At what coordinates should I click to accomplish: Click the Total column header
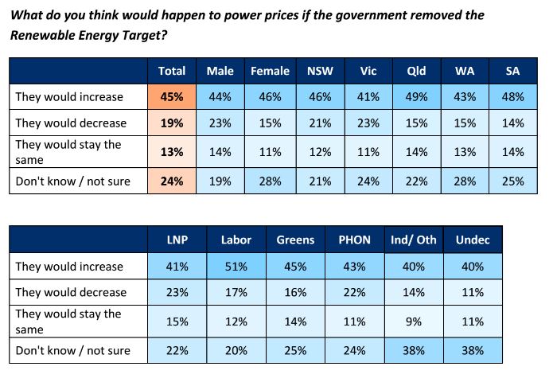tap(172, 71)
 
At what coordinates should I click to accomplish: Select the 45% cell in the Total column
tap(172, 97)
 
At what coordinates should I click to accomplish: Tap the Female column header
tap(270, 71)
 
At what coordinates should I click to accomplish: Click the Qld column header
tap(416, 71)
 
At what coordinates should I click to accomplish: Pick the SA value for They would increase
tap(513, 97)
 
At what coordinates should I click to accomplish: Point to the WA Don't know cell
tap(465, 181)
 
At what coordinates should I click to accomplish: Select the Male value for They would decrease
tap(220, 123)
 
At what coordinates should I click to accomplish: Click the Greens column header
tap(295, 240)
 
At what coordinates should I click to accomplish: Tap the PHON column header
tap(353, 240)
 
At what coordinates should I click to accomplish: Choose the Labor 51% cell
tap(237, 267)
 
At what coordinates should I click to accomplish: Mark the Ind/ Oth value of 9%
tap(414, 321)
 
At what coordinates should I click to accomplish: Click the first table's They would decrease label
tap(72, 123)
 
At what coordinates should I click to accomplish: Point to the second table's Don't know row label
tap(73, 349)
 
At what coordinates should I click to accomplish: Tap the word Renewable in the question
tap(40, 34)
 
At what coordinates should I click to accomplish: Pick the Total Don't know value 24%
tap(172, 181)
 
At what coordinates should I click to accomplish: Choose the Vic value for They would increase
tap(368, 97)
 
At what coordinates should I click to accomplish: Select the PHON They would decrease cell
tap(353, 292)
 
